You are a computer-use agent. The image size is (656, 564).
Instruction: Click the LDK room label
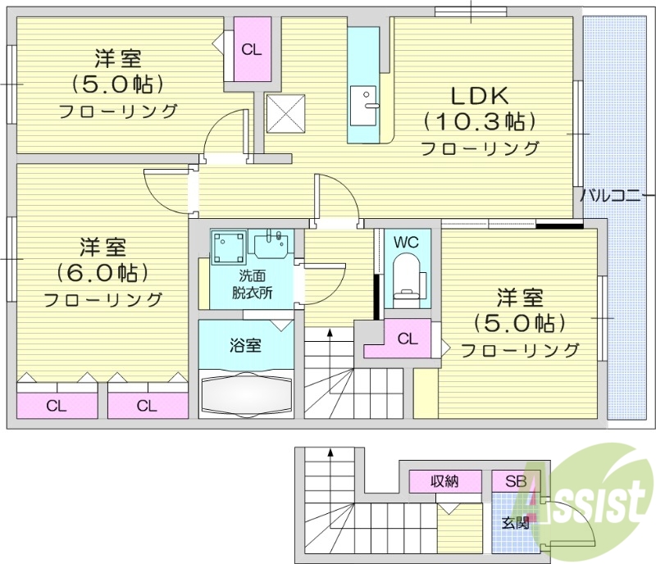479,94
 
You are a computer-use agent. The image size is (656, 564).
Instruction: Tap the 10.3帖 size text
480,122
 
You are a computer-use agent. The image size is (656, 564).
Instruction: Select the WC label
407,243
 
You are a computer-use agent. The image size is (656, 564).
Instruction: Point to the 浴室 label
245,345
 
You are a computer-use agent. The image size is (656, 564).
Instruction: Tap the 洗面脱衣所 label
252,284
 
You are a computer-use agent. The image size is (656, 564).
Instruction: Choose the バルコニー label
617,196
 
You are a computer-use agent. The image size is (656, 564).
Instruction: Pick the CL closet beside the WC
407,338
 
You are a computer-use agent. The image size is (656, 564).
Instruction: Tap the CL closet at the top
252,49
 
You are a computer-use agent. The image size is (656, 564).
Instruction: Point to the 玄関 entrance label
516,521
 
